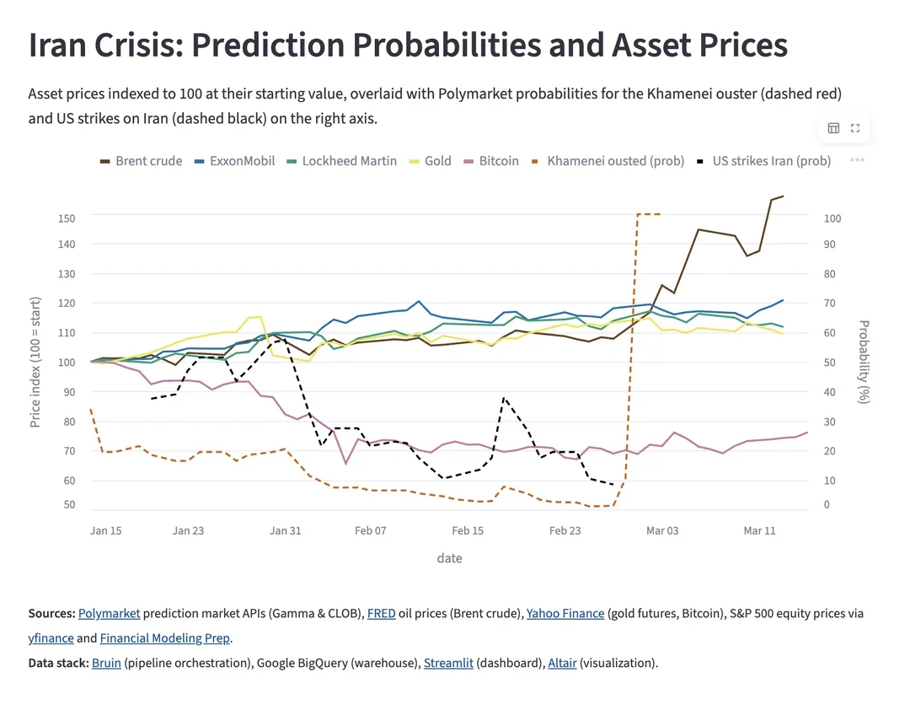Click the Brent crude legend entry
[x=142, y=161]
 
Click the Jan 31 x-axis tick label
[x=285, y=530]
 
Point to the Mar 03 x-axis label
[x=661, y=530]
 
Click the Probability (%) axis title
[x=863, y=361]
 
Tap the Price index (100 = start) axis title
[x=35, y=362]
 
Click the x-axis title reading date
[x=449, y=558]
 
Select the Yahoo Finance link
[x=565, y=614]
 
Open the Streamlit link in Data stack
[x=447, y=663]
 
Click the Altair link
[x=562, y=663]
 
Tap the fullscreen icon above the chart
[x=855, y=128]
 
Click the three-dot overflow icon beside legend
[x=857, y=160]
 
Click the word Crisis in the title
[x=138, y=46]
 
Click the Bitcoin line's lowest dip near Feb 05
[x=345, y=463]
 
